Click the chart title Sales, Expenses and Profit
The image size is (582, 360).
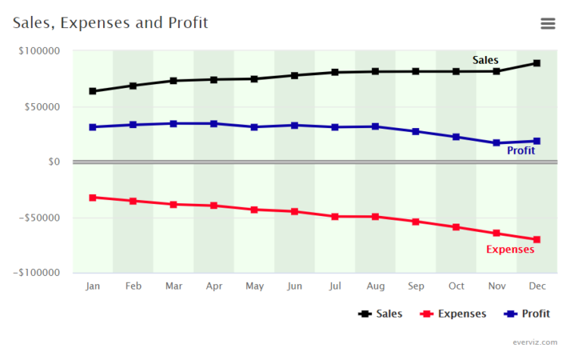pyautogui.click(x=111, y=23)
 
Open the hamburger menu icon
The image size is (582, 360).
pyautogui.click(x=548, y=23)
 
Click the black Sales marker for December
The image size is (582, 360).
pyautogui.click(x=537, y=63)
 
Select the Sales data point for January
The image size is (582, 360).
pyautogui.click(x=92, y=91)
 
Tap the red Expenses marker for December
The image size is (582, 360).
pyautogui.click(x=537, y=239)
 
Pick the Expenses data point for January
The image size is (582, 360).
pyautogui.click(x=92, y=198)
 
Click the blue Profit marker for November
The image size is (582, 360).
pyautogui.click(x=496, y=143)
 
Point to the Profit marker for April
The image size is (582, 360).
pyautogui.click(x=214, y=124)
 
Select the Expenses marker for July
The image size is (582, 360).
pyautogui.click(x=335, y=217)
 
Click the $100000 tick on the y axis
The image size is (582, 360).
pyautogui.click(x=39, y=52)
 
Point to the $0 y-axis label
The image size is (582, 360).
pyautogui.click(x=52, y=162)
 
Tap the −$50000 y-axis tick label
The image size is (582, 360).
pyautogui.click(x=37, y=218)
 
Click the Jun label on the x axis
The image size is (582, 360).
pyautogui.click(x=295, y=286)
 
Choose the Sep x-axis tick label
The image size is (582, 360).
pyautogui.click(x=416, y=286)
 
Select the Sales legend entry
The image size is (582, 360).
pyautogui.click(x=381, y=314)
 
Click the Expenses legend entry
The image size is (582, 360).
pyautogui.click(x=454, y=314)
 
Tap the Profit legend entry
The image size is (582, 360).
pyautogui.click(x=526, y=314)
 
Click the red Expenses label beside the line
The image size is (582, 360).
pyautogui.click(x=509, y=249)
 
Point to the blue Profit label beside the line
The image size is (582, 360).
pyautogui.click(x=521, y=151)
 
